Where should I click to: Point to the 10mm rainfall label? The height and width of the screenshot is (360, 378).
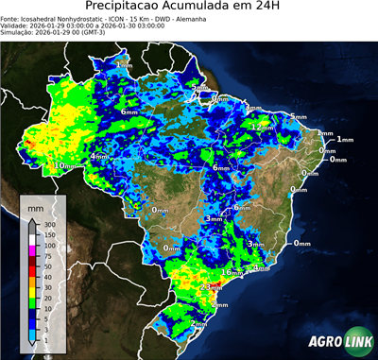(66, 165)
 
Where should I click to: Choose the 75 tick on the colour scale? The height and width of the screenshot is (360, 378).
(49, 256)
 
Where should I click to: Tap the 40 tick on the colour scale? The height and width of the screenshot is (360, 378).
(49, 288)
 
